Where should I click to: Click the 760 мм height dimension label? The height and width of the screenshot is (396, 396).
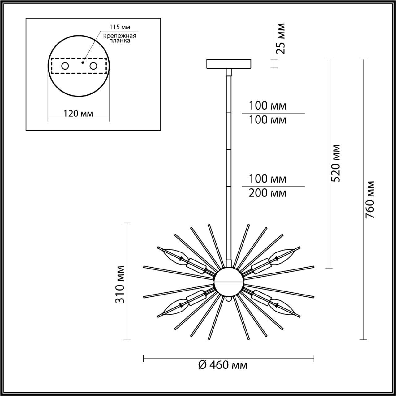[370, 200]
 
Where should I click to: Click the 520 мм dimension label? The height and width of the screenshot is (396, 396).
[335, 163]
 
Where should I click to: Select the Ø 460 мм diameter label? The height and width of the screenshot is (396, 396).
[223, 365]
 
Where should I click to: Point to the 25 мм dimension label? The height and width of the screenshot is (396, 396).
[280, 39]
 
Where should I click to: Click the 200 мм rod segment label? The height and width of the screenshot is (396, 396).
[268, 193]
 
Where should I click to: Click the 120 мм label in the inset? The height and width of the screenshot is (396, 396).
[78, 114]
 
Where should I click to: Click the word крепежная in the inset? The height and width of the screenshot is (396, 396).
[120, 36]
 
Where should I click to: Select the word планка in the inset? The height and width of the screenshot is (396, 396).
[120, 41]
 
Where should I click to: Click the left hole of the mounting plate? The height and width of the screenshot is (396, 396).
[65, 66]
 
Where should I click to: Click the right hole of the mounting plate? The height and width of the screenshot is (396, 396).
[93, 66]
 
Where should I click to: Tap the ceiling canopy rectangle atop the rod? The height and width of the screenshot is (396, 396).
[229, 64]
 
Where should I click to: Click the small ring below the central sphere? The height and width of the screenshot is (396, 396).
[229, 299]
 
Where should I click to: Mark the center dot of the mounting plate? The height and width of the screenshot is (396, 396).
[82, 62]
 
